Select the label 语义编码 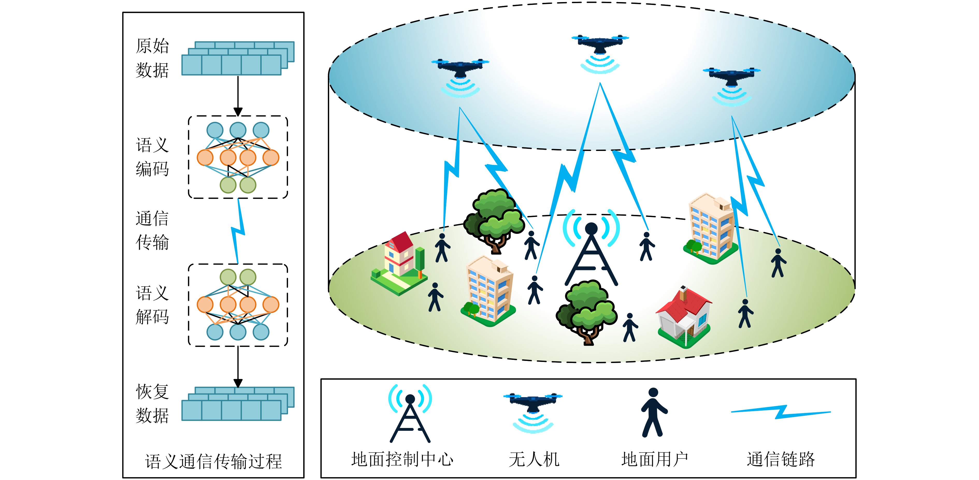[152, 157]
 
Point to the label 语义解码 [152, 304]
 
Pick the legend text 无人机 [534, 459]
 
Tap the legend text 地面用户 [654, 459]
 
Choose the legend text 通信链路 [781, 459]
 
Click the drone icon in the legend [533, 413]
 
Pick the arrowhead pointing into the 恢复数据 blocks [238, 383]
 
